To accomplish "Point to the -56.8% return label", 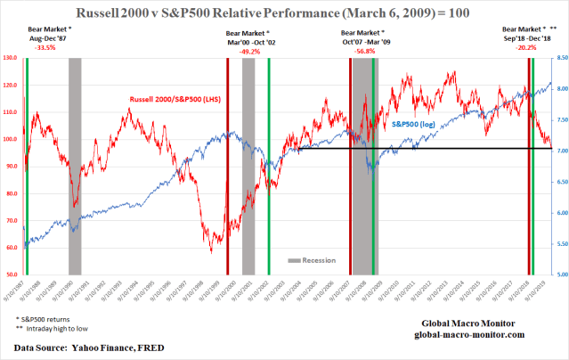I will (x=365, y=51).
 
